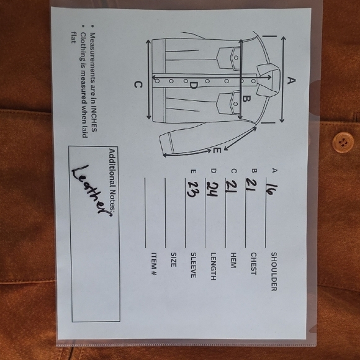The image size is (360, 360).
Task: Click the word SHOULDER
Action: coord(274,272)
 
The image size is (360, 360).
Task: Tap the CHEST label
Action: coord(253,264)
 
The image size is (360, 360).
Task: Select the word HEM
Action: coord(233,260)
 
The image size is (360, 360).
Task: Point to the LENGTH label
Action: coord(214,266)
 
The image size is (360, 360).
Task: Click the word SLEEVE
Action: coord(193,265)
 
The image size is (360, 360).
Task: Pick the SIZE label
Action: coord(174,259)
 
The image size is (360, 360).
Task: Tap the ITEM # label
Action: coord(154,264)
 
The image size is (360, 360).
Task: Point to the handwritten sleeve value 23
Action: coord(193,189)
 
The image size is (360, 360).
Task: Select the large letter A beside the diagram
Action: coord(291,81)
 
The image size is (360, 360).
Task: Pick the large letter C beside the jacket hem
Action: coord(138,84)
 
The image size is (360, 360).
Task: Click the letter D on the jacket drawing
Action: coord(194,85)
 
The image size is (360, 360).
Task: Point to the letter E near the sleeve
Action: coord(217,151)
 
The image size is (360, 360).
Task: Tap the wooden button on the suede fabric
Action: coord(343,142)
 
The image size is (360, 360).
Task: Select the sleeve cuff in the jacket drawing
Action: coord(166,144)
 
